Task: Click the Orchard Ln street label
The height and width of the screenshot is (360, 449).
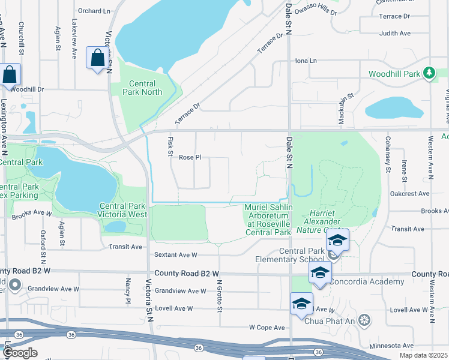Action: point(95,11)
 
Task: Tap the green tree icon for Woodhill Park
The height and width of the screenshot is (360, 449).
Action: point(428,73)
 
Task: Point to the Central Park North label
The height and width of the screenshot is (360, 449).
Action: point(142,88)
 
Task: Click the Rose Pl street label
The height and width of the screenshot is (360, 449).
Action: point(190,157)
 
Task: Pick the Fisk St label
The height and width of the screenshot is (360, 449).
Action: point(170,146)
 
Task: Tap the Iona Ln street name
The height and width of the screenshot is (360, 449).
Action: point(306,61)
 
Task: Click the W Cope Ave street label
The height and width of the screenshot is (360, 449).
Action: point(267,328)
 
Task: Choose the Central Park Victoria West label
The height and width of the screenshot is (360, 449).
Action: point(122,210)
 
